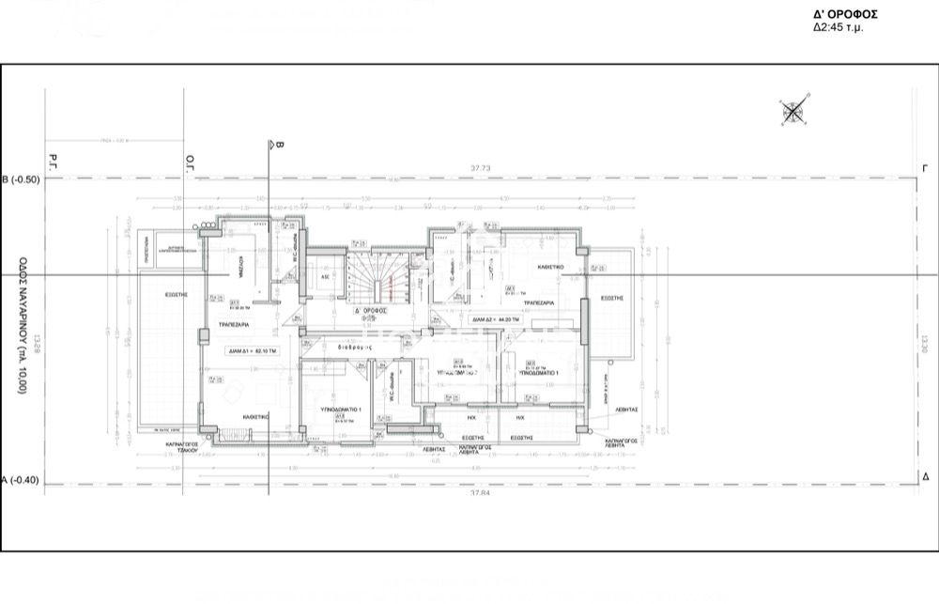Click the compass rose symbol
coord(794,113)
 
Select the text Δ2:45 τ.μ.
coord(839,28)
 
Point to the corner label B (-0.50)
coord(21,179)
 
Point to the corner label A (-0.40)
coord(21,480)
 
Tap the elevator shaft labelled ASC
coord(326,277)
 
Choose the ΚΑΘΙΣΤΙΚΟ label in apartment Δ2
coord(550,267)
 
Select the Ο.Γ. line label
coord(189,161)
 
